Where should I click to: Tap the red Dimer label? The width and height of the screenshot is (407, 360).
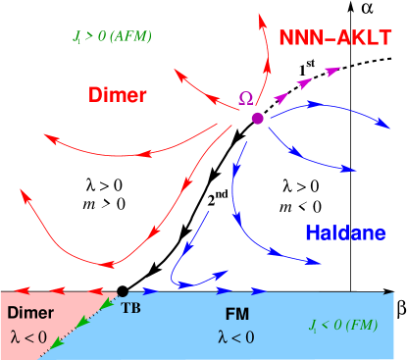click(x=118, y=94)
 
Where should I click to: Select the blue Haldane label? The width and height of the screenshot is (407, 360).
click(x=345, y=232)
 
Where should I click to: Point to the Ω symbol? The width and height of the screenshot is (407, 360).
click(x=247, y=98)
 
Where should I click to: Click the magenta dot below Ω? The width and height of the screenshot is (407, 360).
click(x=257, y=119)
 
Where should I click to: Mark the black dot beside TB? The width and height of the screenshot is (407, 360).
click(x=122, y=291)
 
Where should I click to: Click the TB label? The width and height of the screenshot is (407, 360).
click(x=130, y=307)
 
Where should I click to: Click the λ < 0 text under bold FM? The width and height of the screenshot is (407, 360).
click(x=236, y=337)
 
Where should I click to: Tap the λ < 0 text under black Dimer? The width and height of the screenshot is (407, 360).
click(x=29, y=335)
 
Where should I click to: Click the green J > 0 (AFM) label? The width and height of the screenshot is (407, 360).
click(x=113, y=37)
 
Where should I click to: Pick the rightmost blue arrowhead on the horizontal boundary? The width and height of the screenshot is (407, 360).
click(x=259, y=290)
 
